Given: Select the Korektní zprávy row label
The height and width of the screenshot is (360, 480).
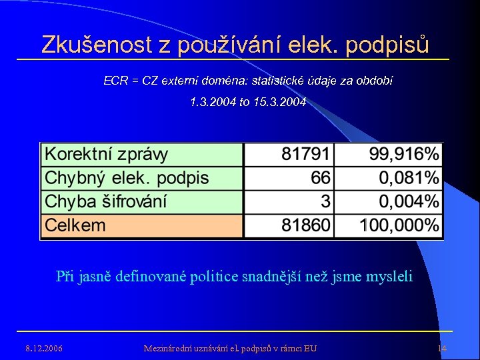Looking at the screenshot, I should (x=107, y=155).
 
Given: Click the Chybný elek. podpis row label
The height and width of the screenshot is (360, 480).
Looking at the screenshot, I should (x=127, y=178).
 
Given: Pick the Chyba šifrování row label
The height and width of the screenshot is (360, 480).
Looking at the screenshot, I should (x=106, y=201).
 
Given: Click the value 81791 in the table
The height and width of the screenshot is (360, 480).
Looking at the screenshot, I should (x=305, y=155).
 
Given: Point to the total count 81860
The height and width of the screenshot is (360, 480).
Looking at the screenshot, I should (x=305, y=225).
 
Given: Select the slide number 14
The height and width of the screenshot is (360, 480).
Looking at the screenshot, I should (x=441, y=349).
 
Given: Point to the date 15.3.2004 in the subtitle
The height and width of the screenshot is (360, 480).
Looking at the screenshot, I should (x=280, y=103).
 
